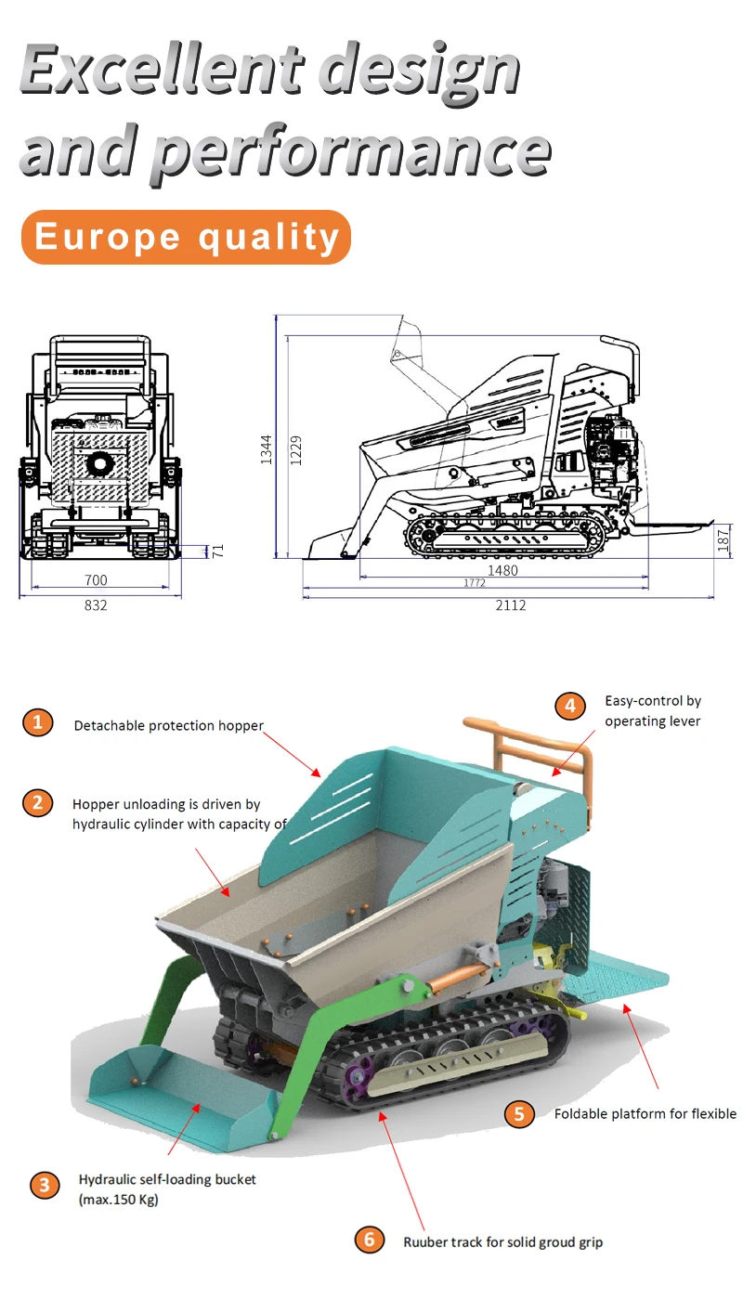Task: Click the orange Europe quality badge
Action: [x=186, y=237]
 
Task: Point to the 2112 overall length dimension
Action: [x=510, y=605]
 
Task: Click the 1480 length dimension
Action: [x=502, y=570]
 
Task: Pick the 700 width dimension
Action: [x=96, y=580]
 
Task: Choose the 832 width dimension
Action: [x=96, y=605]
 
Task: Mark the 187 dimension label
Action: [x=724, y=540]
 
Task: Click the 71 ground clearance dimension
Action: [x=218, y=550]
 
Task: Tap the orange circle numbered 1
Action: [x=37, y=722]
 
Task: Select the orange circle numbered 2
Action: [x=37, y=802]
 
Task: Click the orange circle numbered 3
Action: [x=44, y=1186]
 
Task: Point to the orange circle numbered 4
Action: [x=570, y=706]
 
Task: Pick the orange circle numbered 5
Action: [x=519, y=1113]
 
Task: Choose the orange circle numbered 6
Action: [x=369, y=1240]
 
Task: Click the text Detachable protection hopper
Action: [x=169, y=726]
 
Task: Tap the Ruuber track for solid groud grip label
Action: [x=502, y=1241]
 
